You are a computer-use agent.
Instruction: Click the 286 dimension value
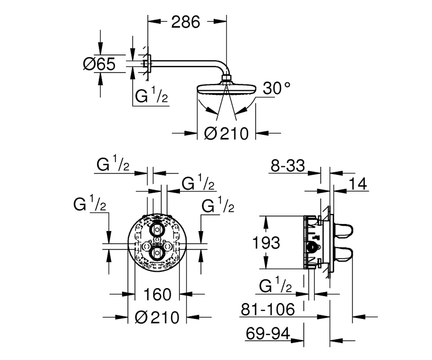pyautogui.click(x=186, y=22)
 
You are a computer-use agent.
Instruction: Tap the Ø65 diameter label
pyautogui.click(x=99, y=64)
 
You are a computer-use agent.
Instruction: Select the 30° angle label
pyautogui.click(x=276, y=88)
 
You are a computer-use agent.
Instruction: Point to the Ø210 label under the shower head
pyautogui.click(x=226, y=133)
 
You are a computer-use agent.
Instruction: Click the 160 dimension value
pyautogui.click(x=157, y=294)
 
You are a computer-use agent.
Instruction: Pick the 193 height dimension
pyautogui.click(x=266, y=243)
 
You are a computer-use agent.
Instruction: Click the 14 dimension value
pyautogui.click(x=358, y=184)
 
